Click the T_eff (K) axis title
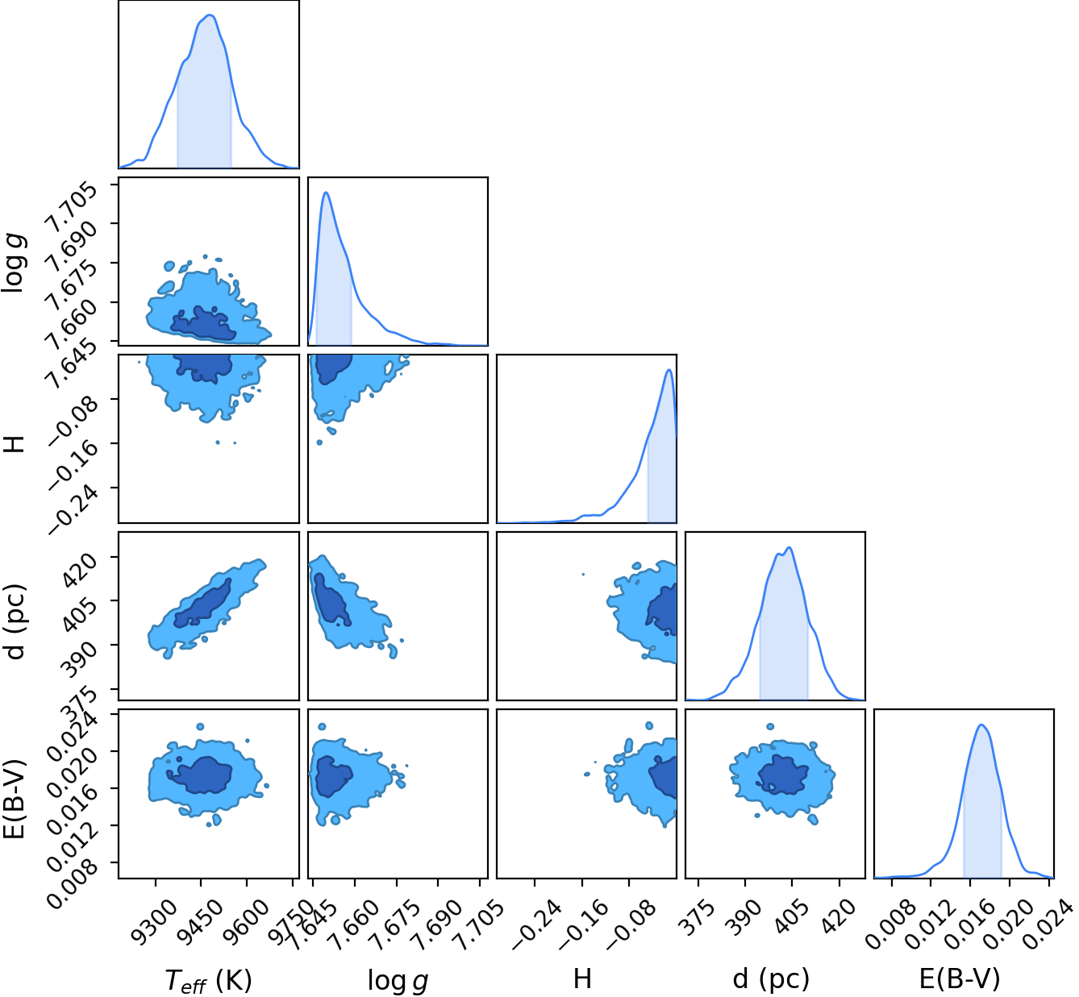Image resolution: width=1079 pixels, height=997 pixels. click(x=208, y=980)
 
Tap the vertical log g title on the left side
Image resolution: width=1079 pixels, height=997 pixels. click(x=14, y=263)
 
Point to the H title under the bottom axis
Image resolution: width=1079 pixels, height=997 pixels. click(x=582, y=978)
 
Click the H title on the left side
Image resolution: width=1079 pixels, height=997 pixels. click(x=14, y=444)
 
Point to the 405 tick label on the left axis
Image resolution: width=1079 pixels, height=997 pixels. click(x=79, y=615)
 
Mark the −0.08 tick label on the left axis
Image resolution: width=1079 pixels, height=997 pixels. click(x=73, y=419)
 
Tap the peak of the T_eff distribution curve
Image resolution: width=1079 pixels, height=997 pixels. click(x=210, y=15)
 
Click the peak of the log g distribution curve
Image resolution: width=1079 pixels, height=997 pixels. click(x=326, y=193)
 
